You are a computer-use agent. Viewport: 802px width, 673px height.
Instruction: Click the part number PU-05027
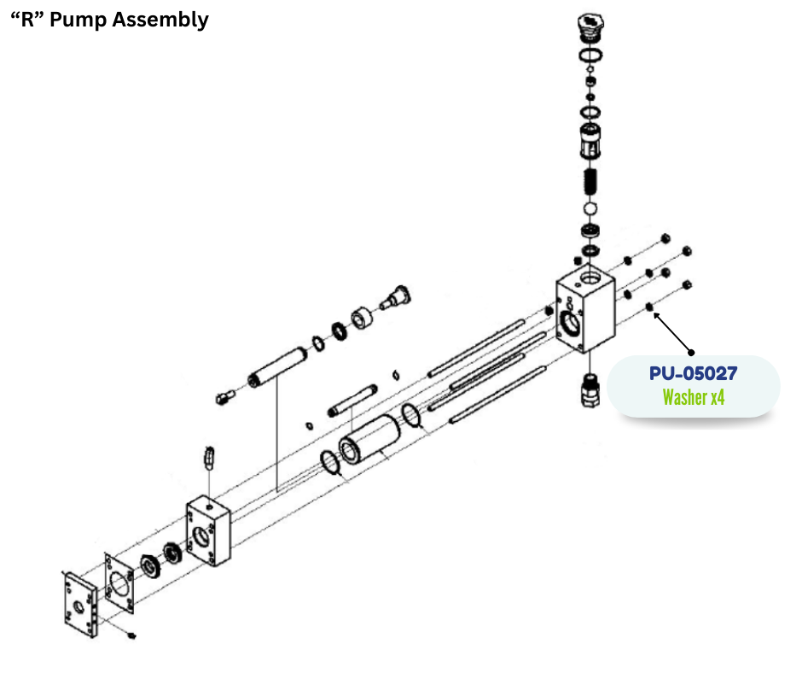(693, 373)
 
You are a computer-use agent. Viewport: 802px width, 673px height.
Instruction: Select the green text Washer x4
(693, 397)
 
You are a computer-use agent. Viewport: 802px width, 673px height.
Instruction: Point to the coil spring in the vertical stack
(589, 182)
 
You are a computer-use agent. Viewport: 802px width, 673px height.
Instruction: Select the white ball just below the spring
(589, 208)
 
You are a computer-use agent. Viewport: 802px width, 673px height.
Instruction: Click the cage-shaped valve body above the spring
(589, 140)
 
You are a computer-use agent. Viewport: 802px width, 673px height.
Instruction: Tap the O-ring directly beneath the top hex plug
(589, 56)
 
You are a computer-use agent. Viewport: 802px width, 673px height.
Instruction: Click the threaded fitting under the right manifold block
(589, 389)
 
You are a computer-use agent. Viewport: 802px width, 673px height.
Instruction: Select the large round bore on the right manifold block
(569, 323)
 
